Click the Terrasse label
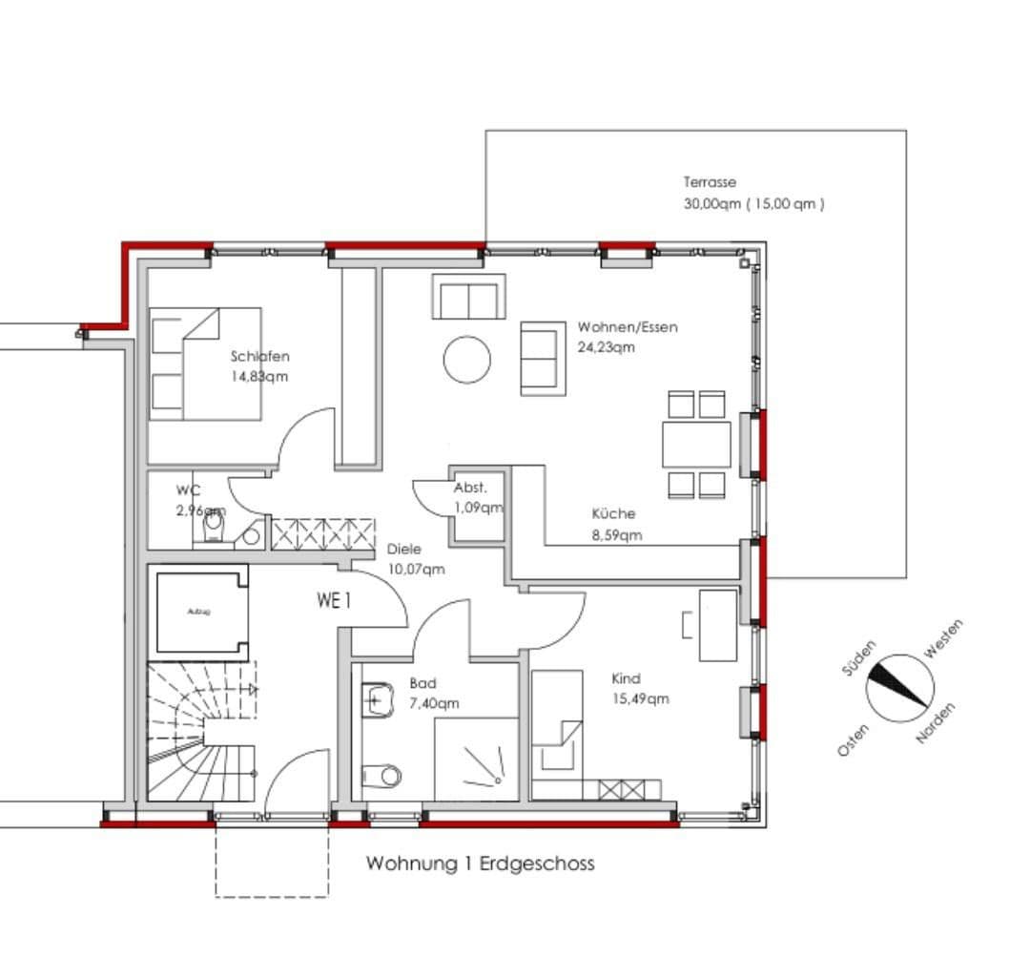click(710, 182)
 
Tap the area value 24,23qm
click(606, 347)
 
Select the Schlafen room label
click(259, 356)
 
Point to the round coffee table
click(467, 360)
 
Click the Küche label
click(613, 513)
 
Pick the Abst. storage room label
click(471, 488)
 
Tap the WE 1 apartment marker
click(335, 600)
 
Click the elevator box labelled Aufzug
click(200, 612)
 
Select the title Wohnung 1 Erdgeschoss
click(480, 864)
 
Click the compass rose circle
click(900, 688)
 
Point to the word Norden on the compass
click(936, 724)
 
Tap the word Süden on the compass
click(858, 658)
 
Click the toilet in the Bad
click(382, 774)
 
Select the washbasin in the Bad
click(378, 701)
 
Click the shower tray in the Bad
click(476, 760)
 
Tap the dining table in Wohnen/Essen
click(696, 445)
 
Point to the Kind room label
click(626, 678)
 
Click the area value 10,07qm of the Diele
click(416, 570)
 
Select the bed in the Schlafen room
click(207, 364)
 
